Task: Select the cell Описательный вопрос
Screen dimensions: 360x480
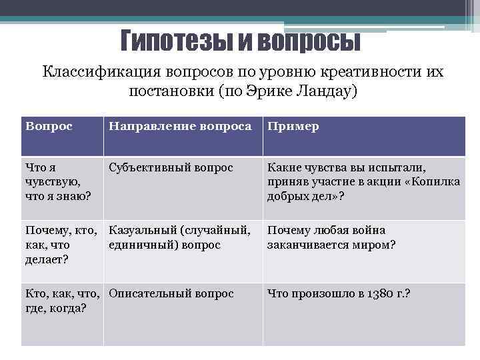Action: [171, 293]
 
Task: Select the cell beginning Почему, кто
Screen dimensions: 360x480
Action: [60, 244]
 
